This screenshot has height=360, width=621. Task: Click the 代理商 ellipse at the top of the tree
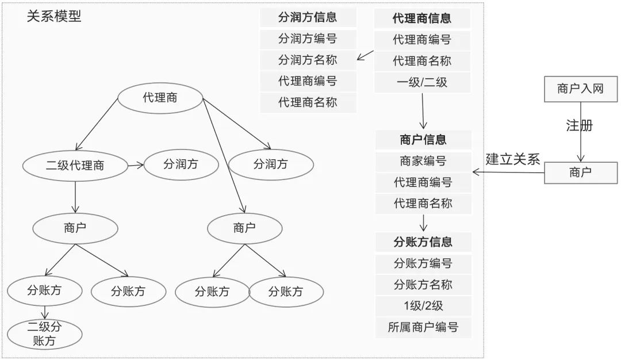coord(160,98)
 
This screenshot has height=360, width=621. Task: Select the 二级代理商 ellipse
coord(75,166)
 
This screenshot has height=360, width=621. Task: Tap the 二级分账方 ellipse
coord(44,334)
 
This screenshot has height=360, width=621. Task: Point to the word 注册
coord(579,125)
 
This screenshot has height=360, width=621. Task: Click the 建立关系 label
coord(513,159)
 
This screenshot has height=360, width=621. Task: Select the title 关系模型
coord(54,16)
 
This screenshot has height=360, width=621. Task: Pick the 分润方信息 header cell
coord(308,17)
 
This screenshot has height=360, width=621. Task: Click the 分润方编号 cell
coord(308,39)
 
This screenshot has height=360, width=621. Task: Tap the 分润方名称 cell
coord(308,60)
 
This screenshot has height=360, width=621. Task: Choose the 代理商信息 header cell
coord(422,18)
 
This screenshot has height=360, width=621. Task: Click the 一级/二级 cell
coord(422,82)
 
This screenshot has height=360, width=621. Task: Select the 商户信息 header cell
coord(423,140)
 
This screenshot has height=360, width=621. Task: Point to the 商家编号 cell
coord(423,161)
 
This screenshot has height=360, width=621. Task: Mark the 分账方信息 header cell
coord(423,242)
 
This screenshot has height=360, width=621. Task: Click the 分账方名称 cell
coord(423,285)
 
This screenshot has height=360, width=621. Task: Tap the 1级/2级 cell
coord(423,306)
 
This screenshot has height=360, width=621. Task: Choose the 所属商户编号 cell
coord(423,328)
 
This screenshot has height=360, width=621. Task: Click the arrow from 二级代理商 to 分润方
coord(135,166)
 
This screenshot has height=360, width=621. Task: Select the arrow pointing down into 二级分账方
coord(44,312)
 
